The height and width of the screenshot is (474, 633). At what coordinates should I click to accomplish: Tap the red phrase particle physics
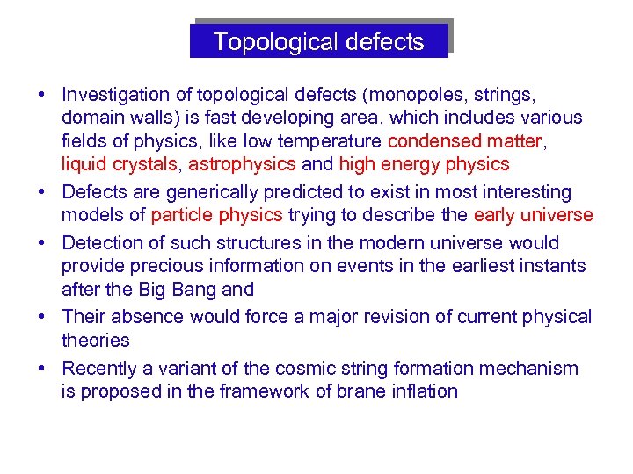point(216,215)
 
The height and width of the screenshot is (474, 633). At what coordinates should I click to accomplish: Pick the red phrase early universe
point(533,215)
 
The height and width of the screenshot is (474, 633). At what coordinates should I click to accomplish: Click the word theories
point(95,340)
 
